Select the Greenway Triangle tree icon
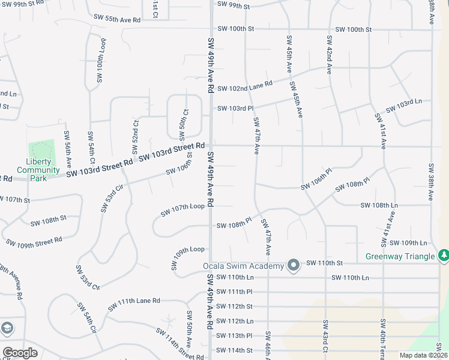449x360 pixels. tap(444, 256)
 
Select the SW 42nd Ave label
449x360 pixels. tap(330, 55)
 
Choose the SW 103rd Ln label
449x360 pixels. tap(404, 106)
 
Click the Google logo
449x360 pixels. tap(20, 353)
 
